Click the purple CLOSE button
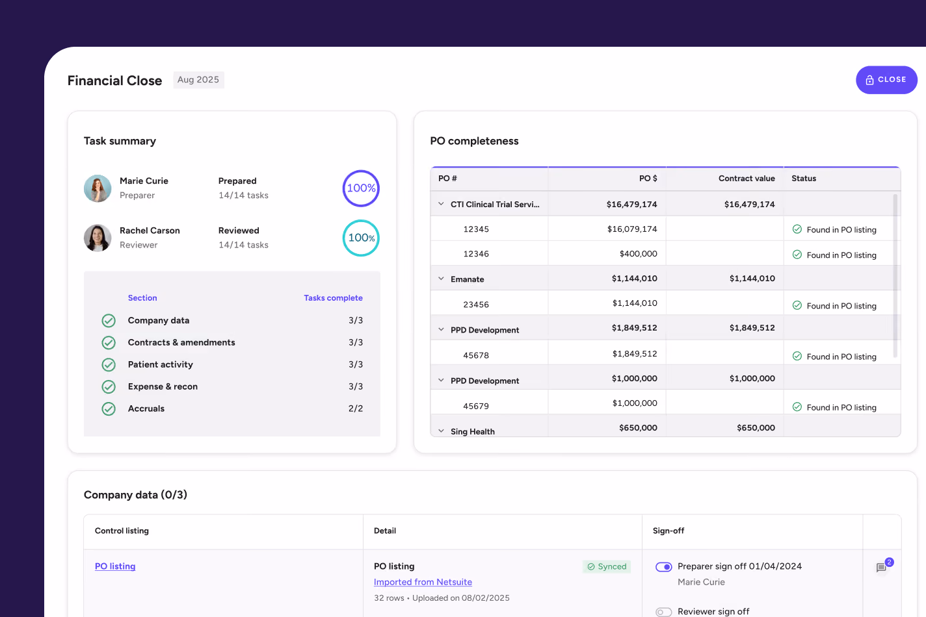point(886,80)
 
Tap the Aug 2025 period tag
point(198,80)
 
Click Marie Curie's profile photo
point(98,188)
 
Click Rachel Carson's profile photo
point(98,238)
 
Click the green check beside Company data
point(109,320)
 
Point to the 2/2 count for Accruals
point(356,409)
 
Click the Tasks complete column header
point(333,297)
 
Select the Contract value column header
point(747,179)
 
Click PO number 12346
point(476,253)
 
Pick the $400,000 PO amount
point(639,253)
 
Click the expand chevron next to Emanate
point(441,279)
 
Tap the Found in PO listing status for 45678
point(834,357)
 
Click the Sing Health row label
point(473,431)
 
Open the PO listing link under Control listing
point(115,566)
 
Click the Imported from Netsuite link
point(423,582)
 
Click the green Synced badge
point(607,566)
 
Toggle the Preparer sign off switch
point(663,567)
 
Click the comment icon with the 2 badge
point(881,568)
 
